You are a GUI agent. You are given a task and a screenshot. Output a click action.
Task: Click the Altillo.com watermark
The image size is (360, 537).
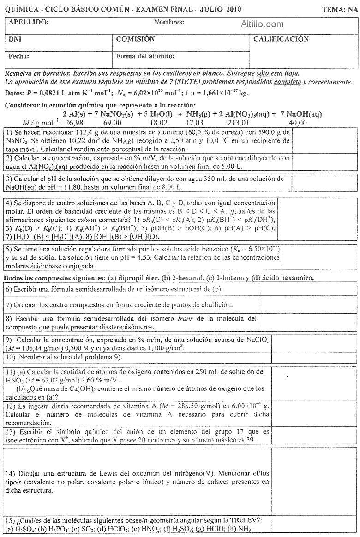[x=262, y=24]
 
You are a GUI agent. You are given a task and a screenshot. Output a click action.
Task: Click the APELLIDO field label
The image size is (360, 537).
[x=29, y=22]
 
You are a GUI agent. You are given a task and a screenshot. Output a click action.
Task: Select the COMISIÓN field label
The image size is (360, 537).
[x=135, y=40]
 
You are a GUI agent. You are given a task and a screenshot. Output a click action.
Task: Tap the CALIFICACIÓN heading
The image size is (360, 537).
[x=281, y=40]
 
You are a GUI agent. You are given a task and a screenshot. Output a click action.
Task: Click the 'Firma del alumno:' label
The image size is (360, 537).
[x=145, y=56]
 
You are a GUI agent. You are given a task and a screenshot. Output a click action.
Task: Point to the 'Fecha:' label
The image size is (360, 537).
[x=19, y=56]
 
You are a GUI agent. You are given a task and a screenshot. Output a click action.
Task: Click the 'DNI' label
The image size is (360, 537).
[x=15, y=40]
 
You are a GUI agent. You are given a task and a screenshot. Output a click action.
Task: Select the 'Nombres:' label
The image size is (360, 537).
[x=169, y=22]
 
